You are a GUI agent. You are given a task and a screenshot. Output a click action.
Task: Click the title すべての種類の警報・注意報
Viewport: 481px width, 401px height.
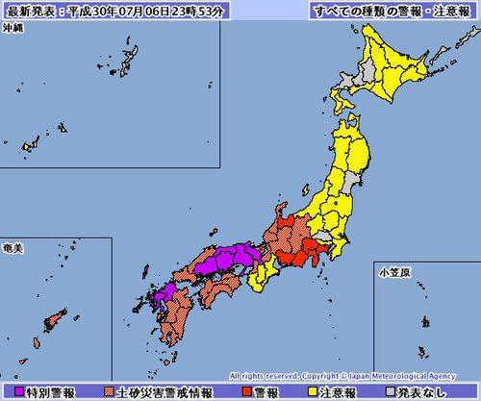394,11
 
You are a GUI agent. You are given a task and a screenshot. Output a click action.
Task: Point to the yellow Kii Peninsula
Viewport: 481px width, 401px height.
260,282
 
